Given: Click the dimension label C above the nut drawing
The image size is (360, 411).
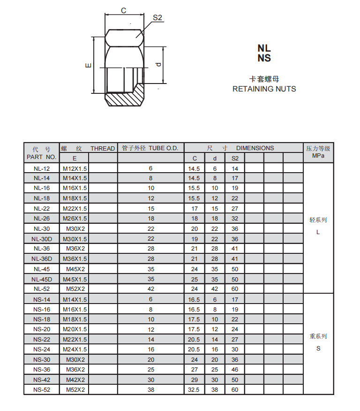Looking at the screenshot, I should tap(124, 10).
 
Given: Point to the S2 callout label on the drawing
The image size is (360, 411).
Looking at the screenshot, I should tap(157, 17).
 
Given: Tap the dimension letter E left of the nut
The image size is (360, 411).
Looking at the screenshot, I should tap(88, 65).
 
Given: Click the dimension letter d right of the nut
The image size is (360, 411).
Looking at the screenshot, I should tap(158, 64).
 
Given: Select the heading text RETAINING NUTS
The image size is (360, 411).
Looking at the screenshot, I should tap(264, 89).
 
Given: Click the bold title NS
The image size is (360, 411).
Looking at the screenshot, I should tap(264, 58).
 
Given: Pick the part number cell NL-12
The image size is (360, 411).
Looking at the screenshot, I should tap(41, 168).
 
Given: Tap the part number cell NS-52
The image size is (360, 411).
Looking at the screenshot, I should tap(41, 390).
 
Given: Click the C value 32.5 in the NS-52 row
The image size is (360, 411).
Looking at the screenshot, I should tap(194, 390).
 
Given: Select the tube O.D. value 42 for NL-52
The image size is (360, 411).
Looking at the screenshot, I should tap(150, 289).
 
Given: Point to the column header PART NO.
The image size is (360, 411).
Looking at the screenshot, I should tap(41, 157).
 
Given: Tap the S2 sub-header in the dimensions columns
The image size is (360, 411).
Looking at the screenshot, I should tap(234, 159).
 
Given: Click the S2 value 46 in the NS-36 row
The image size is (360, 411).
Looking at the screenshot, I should tap(234, 370).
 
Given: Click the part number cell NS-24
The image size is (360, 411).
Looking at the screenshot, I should tap(41, 350).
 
